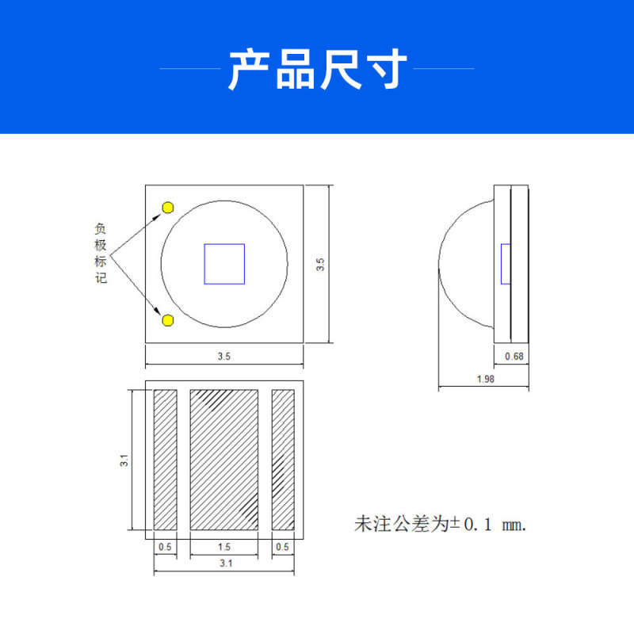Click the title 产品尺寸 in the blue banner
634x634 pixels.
pos(317,70)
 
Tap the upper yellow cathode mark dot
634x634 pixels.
pos(168,208)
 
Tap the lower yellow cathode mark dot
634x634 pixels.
pos(168,320)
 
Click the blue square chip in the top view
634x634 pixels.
pos(224,264)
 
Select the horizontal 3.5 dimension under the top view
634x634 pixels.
pos(224,357)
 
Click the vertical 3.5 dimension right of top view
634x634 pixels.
pos(320,264)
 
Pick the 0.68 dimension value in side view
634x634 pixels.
pos(514,357)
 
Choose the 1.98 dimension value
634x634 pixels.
pos(486,379)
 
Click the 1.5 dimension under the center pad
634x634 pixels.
pos(224,547)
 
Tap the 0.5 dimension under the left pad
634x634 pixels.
pos(165,547)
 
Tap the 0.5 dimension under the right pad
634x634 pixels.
pos(283,547)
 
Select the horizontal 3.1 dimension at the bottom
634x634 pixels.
pos(224,564)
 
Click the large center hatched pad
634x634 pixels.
pos(224,460)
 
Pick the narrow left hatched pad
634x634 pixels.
pos(165,460)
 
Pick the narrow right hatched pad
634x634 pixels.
pos(283,460)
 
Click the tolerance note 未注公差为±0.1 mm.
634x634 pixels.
pos(440,525)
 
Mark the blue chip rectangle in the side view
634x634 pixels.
pos(506,264)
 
